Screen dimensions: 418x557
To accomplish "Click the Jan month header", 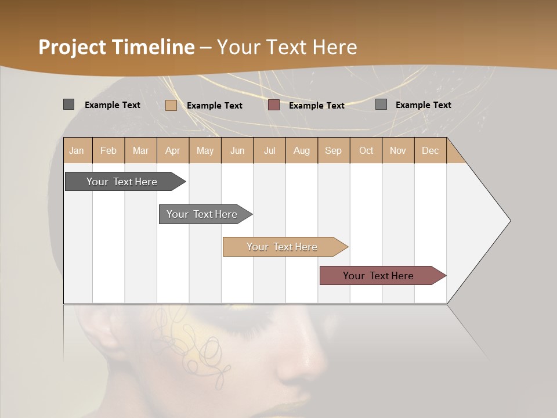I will click(x=77, y=150).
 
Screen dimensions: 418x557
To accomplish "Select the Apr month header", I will click(x=172, y=150).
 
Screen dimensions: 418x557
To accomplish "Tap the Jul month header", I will click(x=269, y=150).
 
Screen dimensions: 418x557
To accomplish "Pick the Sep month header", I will click(x=333, y=150).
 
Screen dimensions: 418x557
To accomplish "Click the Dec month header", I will click(x=430, y=150).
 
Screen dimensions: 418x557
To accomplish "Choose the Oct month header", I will click(x=366, y=150).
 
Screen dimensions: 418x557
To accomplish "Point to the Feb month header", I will click(x=108, y=150).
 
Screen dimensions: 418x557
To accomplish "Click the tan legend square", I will click(x=171, y=105).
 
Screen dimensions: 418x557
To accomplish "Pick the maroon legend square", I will click(x=274, y=105).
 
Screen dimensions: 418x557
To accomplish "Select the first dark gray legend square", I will click(x=68, y=105).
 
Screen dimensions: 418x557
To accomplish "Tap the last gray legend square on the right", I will click(x=381, y=105).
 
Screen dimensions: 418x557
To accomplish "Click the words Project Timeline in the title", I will click(x=116, y=47).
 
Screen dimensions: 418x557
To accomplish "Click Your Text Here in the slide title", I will click(x=287, y=47).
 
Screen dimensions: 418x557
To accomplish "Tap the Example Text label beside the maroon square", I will click(x=316, y=105).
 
